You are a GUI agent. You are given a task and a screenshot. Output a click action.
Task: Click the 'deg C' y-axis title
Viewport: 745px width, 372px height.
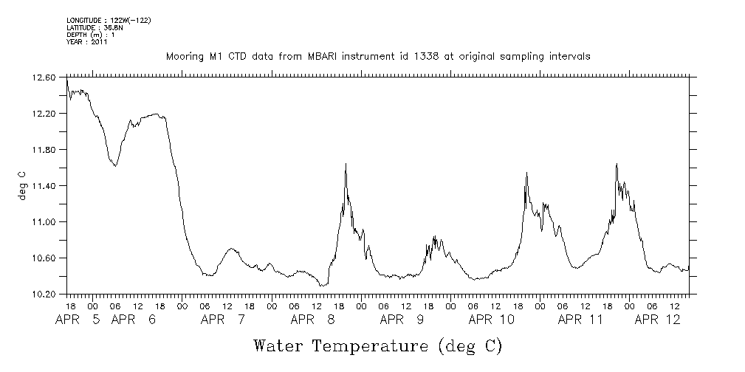[x=21, y=185]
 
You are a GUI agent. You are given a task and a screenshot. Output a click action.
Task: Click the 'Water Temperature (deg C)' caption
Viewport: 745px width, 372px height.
[x=377, y=345]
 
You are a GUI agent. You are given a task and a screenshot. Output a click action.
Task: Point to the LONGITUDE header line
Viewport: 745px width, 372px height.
[x=109, y=19]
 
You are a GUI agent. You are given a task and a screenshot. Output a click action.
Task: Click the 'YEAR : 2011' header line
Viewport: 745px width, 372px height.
[x=87, y=42]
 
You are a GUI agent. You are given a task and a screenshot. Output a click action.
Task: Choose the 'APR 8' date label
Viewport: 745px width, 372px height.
[x=313, y=320]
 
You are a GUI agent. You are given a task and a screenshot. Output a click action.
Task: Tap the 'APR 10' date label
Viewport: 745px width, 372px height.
[x=491, y=320]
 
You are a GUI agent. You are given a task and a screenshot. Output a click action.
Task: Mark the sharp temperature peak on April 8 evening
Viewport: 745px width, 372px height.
[x=346, y=164]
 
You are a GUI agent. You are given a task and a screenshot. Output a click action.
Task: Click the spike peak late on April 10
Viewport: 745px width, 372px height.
[x=526, y=172]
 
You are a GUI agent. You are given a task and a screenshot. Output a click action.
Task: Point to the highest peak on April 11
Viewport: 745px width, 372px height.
[x=616, y=164]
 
